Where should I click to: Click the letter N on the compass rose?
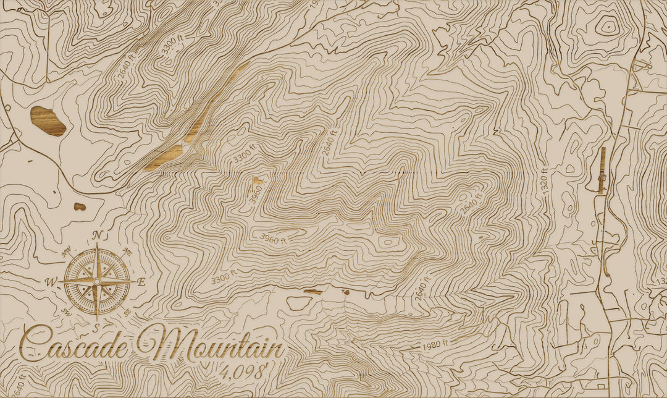coord(97,235)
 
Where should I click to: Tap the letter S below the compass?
coord(97,326)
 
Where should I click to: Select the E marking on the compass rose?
coord(141,282)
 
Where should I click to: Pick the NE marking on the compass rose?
coord(128,251)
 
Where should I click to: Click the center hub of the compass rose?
coord(97,281)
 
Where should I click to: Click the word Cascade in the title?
coord(75,344)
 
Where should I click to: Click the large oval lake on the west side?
coord(48,121)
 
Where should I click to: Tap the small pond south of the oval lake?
coord(80,206)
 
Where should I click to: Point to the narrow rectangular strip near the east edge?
coord(602,171)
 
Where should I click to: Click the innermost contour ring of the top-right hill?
coord(608,27)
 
